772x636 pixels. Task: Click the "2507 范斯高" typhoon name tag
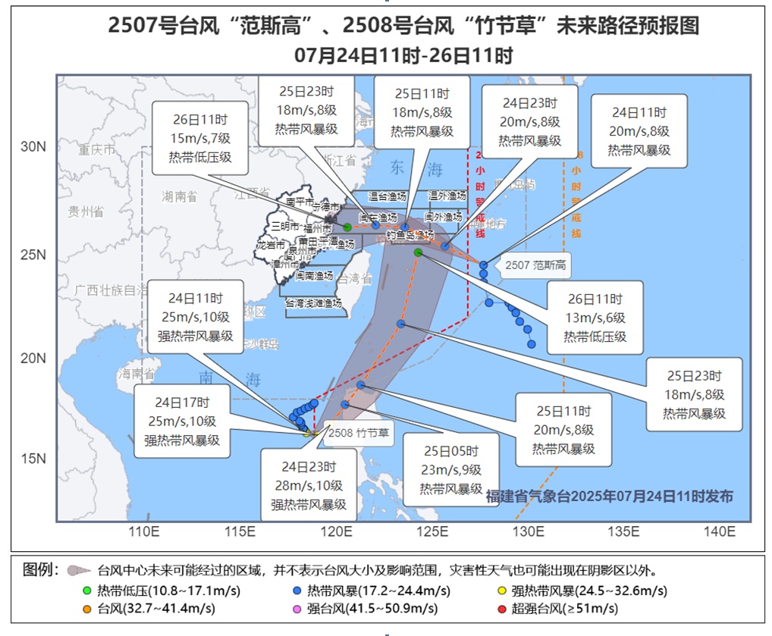[536, 266]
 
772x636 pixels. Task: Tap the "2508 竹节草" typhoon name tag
[359, 433]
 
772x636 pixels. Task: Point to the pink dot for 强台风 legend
[297, 608]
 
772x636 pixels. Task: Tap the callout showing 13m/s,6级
[595, 318]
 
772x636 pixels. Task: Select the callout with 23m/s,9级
[450, 469]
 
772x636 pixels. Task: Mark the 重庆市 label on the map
[97, 150]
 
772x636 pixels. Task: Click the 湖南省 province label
[179, 197]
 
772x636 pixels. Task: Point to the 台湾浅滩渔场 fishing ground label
[313, 302]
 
